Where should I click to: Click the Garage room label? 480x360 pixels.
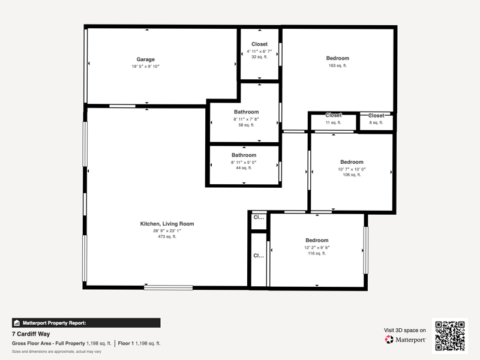[145, 59]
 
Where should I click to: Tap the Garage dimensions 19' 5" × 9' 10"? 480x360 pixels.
[145, 67]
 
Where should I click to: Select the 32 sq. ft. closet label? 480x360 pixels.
[259, 57]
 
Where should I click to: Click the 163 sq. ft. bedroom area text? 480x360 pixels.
[338, 65]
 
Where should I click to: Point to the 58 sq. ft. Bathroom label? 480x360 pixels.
[246, 112]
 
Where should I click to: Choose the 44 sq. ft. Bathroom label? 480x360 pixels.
[244, 155]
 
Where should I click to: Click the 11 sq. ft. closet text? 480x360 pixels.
[334, 122]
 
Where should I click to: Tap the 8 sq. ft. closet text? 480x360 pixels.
[376, 122]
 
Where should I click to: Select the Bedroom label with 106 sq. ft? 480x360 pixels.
[352, 162]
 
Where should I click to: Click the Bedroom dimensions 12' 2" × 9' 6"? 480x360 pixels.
[317, 248]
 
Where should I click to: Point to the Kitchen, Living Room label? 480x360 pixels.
[167, 224]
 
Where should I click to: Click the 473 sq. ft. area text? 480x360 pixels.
[167, 236]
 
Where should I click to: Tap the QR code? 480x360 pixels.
[449, 336]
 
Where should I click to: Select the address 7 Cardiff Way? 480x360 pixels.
[31, 334]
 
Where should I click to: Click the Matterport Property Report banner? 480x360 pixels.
[86, 323]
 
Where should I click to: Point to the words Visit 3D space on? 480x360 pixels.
[404, 331]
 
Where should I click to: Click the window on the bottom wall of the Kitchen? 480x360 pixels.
[169, 287]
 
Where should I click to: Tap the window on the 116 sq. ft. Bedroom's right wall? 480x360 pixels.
[365, 250]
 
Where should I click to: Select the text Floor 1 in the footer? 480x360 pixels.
[126, 343]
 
